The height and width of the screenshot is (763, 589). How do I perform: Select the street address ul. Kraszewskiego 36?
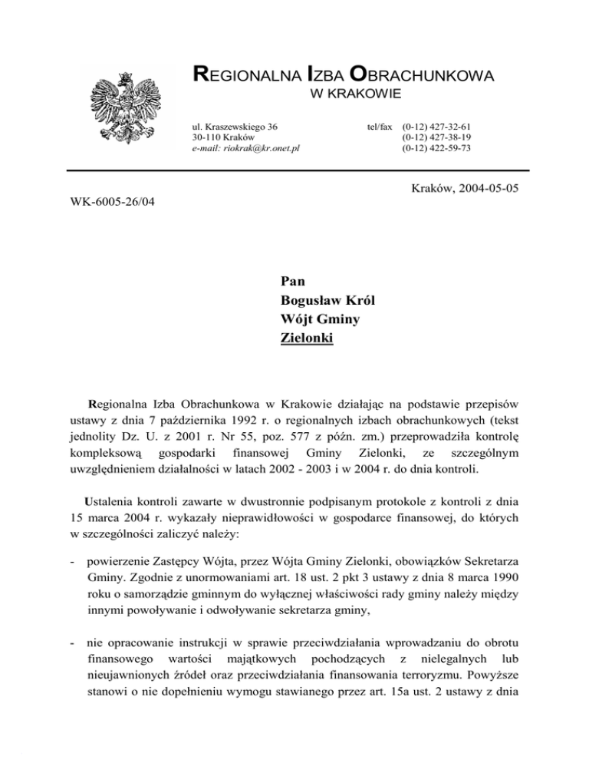pyautogui.click(x=235, y=125)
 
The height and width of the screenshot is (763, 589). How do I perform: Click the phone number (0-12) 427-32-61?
pyautogui.click(x=436, y=125)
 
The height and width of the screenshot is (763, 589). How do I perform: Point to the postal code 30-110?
pyautogui.click(x=206, y=137)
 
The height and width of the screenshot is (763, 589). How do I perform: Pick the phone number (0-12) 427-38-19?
pyautogui.click(x=436, y=137)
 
